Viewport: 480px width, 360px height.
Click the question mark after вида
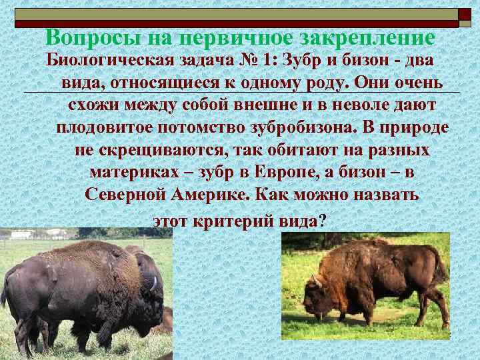323,221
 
